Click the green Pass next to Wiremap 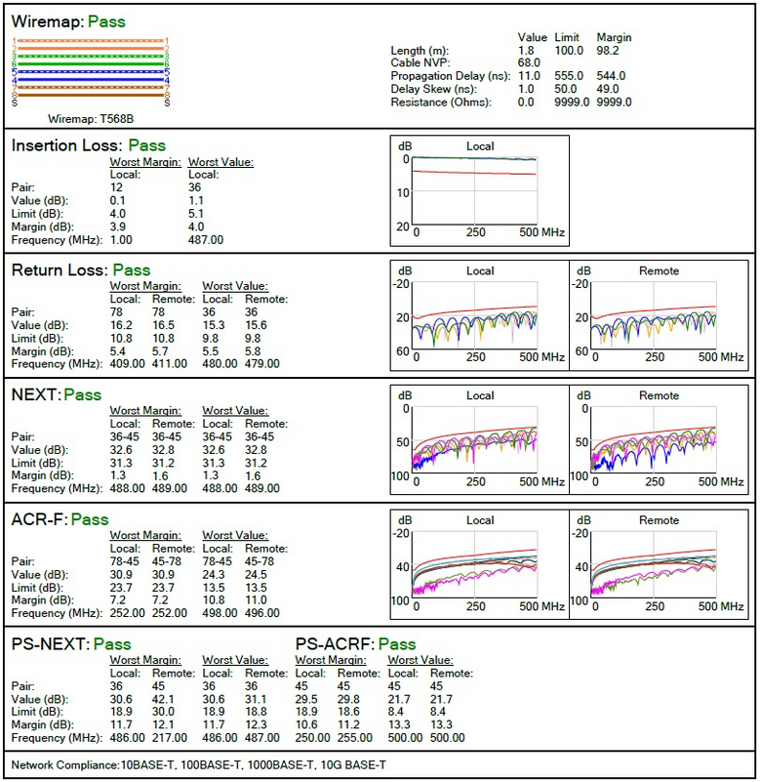(105, 21)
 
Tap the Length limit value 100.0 (568, 50)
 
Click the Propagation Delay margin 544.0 (611, 75)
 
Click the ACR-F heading (39, 519)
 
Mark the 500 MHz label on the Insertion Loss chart (541, 233)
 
